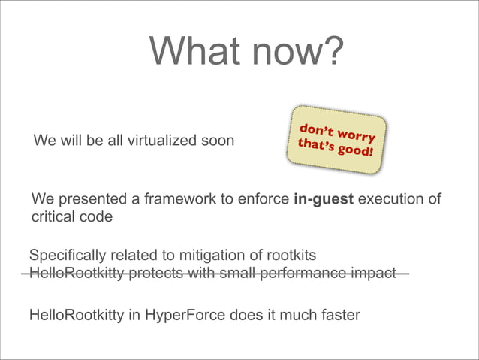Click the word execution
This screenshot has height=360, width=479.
click(x=390, y=199)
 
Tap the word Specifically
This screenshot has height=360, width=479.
click(x=65, y=256)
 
